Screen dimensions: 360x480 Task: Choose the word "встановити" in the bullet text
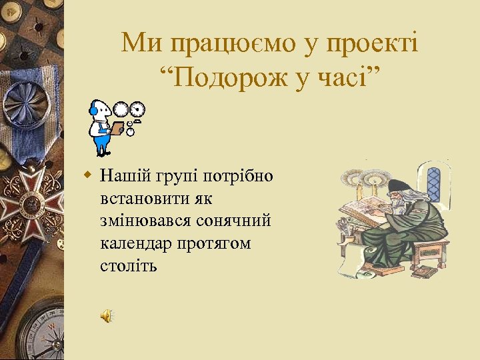(139, 199)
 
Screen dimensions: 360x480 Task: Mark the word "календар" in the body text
(135, 243)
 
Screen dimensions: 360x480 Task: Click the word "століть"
(129, 266)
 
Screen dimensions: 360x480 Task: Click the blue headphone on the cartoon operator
(94, 111)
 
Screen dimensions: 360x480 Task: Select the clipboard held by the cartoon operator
(117, 128)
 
